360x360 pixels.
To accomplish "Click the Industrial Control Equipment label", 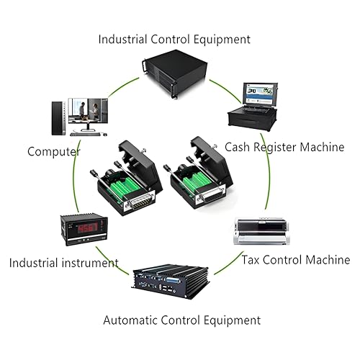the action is click(x=174, y=40).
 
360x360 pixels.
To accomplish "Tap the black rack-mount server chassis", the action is click(x=175, y=73).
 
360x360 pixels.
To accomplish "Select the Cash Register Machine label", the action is click(x=284, y=147).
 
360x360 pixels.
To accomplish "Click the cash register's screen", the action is click(x=259, y=94).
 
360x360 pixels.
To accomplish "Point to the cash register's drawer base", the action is click(x=252, y=120).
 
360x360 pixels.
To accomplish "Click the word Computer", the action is click(x=54, y=152).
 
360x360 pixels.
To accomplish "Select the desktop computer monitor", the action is click(x=88, y=114).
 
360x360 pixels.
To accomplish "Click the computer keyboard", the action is click(x=85, y=134).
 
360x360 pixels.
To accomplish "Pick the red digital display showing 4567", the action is click(x=88, y=228).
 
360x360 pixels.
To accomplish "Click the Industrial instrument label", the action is click(x=64, y=263).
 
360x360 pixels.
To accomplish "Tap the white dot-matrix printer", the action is click(x=261, y=231).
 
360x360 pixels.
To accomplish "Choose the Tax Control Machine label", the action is click(x=296, y=260).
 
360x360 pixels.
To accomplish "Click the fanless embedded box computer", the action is click(x=171, y=282).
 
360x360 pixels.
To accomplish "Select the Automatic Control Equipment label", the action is click(x=182, y=320).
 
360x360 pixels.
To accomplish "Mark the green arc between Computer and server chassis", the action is click(x=123, y=86).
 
